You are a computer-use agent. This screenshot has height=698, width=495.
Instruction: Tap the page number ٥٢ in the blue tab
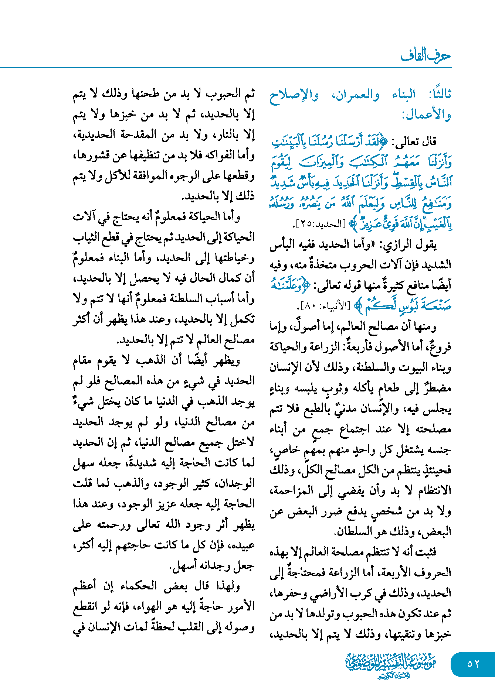point(473,664)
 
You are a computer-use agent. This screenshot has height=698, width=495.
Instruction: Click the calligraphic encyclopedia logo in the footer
point(390,665)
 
